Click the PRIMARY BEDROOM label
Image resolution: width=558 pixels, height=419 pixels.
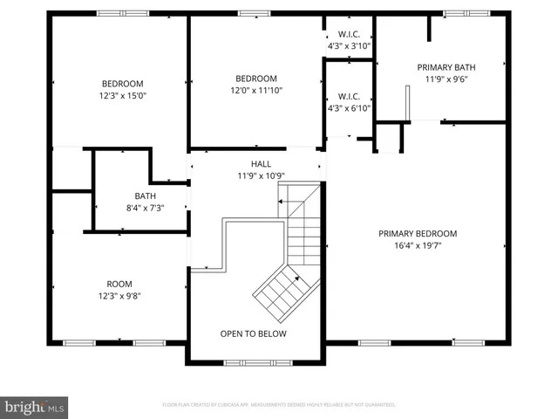(417, 233)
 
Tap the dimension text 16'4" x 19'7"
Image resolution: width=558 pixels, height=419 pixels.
(417, 245)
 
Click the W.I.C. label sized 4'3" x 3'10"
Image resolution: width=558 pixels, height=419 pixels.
(348, 36)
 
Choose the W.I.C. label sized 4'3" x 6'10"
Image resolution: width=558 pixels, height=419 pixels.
(348, 97)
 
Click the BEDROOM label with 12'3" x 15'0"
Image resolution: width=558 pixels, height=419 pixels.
(119, 85)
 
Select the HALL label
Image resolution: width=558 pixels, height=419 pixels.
(261, 163)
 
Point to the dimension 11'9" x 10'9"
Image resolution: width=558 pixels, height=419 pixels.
(261, 175)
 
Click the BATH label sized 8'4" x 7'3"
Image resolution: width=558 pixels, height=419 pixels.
(145, 196)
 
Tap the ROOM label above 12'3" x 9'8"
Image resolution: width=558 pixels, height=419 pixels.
(119, 284)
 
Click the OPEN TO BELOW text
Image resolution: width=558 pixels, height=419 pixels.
(253, 333)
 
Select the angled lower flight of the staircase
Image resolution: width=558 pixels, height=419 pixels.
(279, 292)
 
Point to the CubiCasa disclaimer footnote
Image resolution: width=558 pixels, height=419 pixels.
(279, 405)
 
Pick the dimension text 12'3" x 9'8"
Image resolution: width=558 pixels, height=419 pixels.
(119, 296)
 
